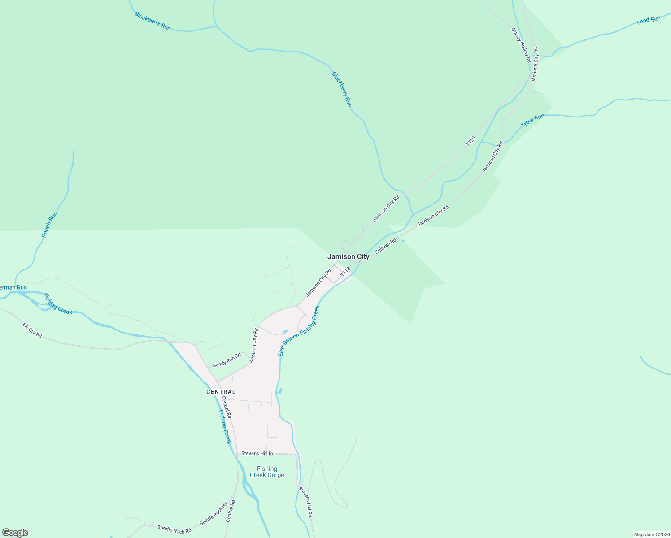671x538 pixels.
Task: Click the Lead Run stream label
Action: pyautogui.click(x=649, y=20)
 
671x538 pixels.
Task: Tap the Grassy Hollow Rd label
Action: pyautogui.click(x=521, y=45)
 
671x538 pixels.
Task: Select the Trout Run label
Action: pyautogui.click(x=532, y=120)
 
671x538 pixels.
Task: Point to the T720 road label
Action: pyautogui.click(x=471, y=141)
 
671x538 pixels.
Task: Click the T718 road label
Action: pyautogui.click(x=345, y=272)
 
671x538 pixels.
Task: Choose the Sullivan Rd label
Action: pyautogui.click(x=386, y=246)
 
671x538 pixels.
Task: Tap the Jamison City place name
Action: pyautogui.click(x=348, y=256)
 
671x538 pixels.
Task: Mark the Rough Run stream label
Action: pyautogui.click(x=49, y=225)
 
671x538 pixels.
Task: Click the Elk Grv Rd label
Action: pyautogui.click(x=32, y=330)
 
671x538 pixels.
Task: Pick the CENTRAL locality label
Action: pyautogui.click(x=221, y=392)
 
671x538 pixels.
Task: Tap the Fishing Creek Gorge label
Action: pyautogui.click(x=267, y=472)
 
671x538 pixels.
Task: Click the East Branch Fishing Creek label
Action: pyautogui.click(x=299, y=331)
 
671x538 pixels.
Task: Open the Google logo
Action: pyautogui.click(x=15, y=533)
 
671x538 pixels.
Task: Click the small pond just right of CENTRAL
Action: pyautogui.click(x=279, y=391)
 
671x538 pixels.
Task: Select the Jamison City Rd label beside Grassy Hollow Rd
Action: pyautogui.click(x=534, y=65)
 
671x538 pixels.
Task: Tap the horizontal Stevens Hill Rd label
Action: pyautogui.click(x=257, y=453)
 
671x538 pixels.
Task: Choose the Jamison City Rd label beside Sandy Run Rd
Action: pyautogui.click(x=254, y=346)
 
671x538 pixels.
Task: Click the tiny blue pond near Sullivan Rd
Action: pyautogui.click(x=404, y=241)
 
